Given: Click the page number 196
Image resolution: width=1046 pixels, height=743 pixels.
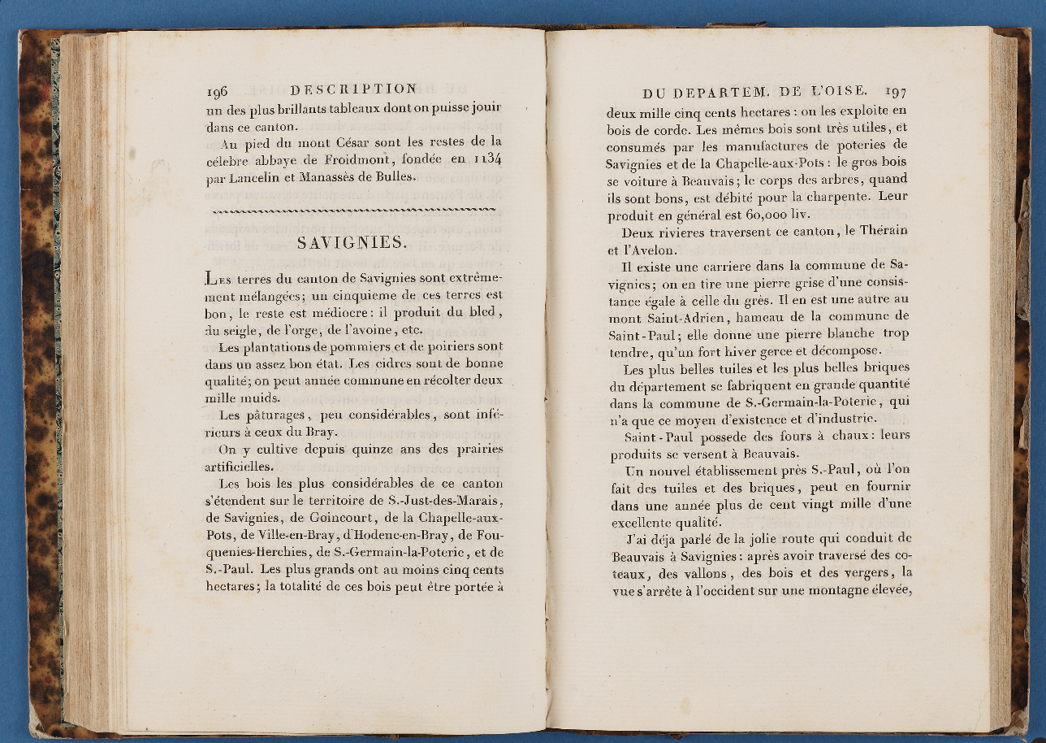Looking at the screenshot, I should click(217, 91).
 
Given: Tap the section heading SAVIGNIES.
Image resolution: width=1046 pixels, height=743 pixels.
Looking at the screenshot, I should click(352, 242).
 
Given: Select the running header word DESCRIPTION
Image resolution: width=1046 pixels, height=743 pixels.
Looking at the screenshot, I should click(353, 89).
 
